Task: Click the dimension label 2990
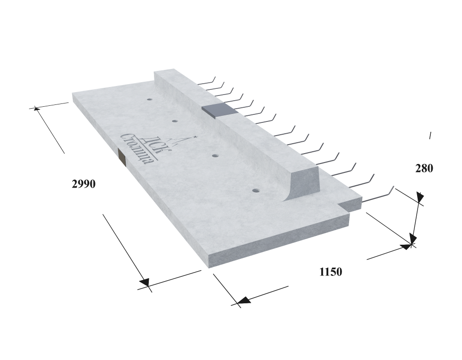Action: [x=84, y=184]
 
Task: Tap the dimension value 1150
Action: [x=331, y=272]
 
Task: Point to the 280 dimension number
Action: [x=424, y=169]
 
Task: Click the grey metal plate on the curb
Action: [x=220, y=110]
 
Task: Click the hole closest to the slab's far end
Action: [x=150, y=100]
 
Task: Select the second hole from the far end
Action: [x=175, y=121]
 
